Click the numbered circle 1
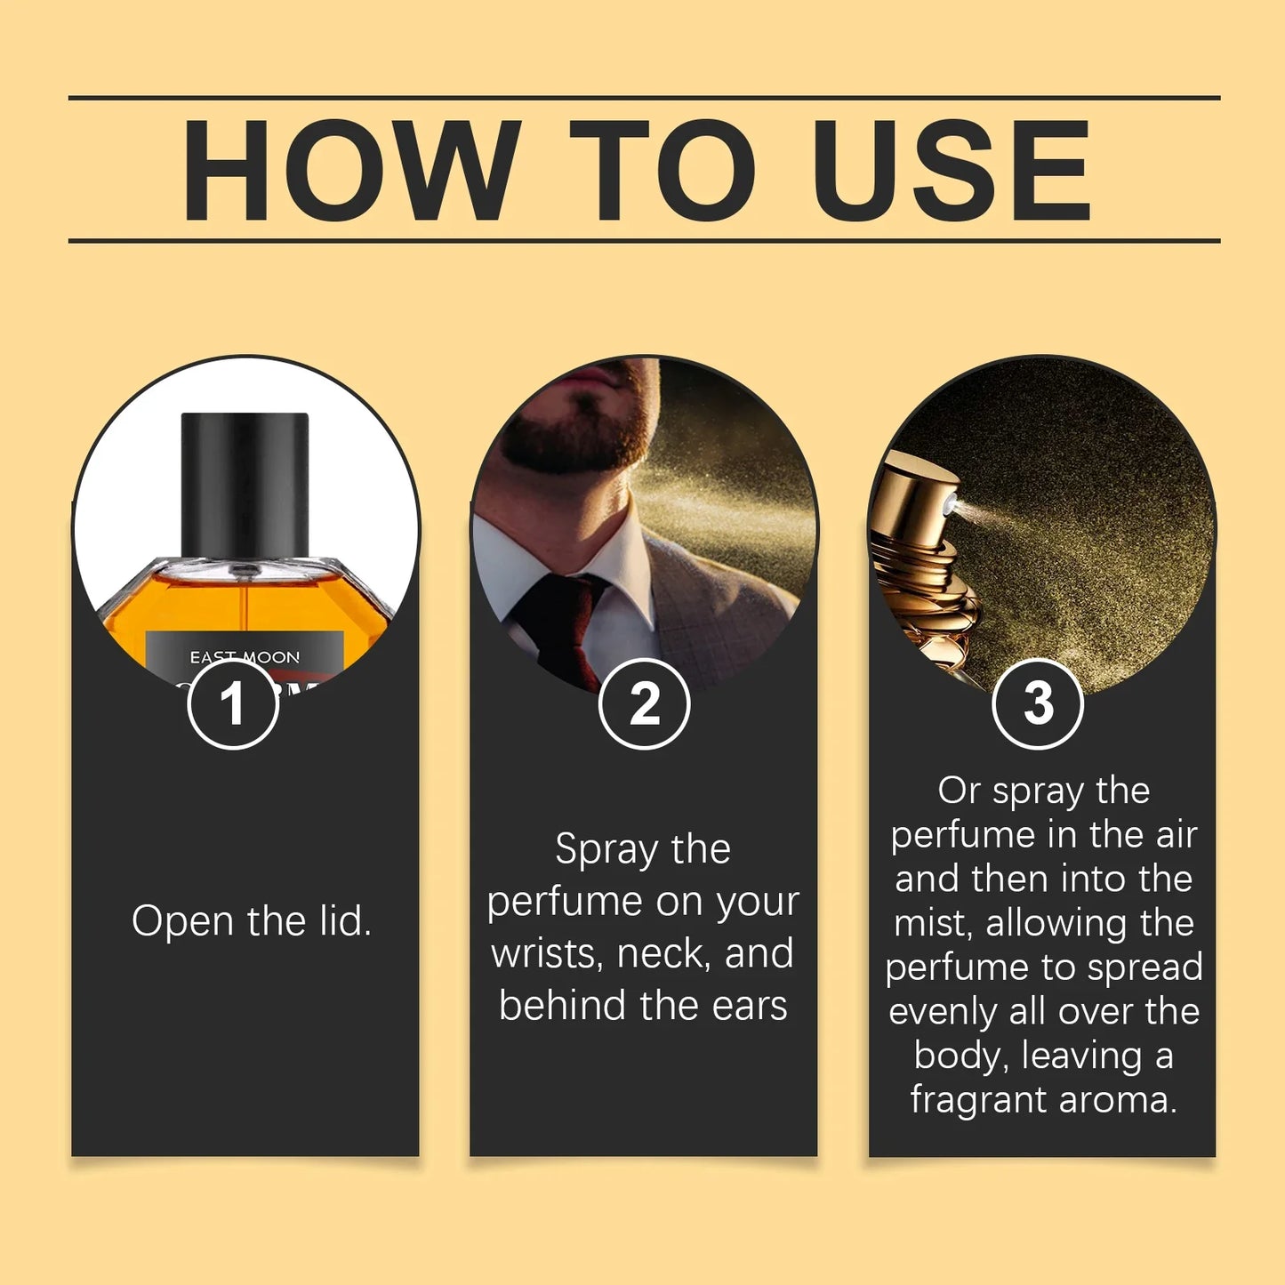[x=233, y=703]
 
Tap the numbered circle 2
[x=644, y=703]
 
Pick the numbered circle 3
[x=1038, y=703]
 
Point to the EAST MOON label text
[x=245, y=657]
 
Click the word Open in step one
[x=182, y=922]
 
